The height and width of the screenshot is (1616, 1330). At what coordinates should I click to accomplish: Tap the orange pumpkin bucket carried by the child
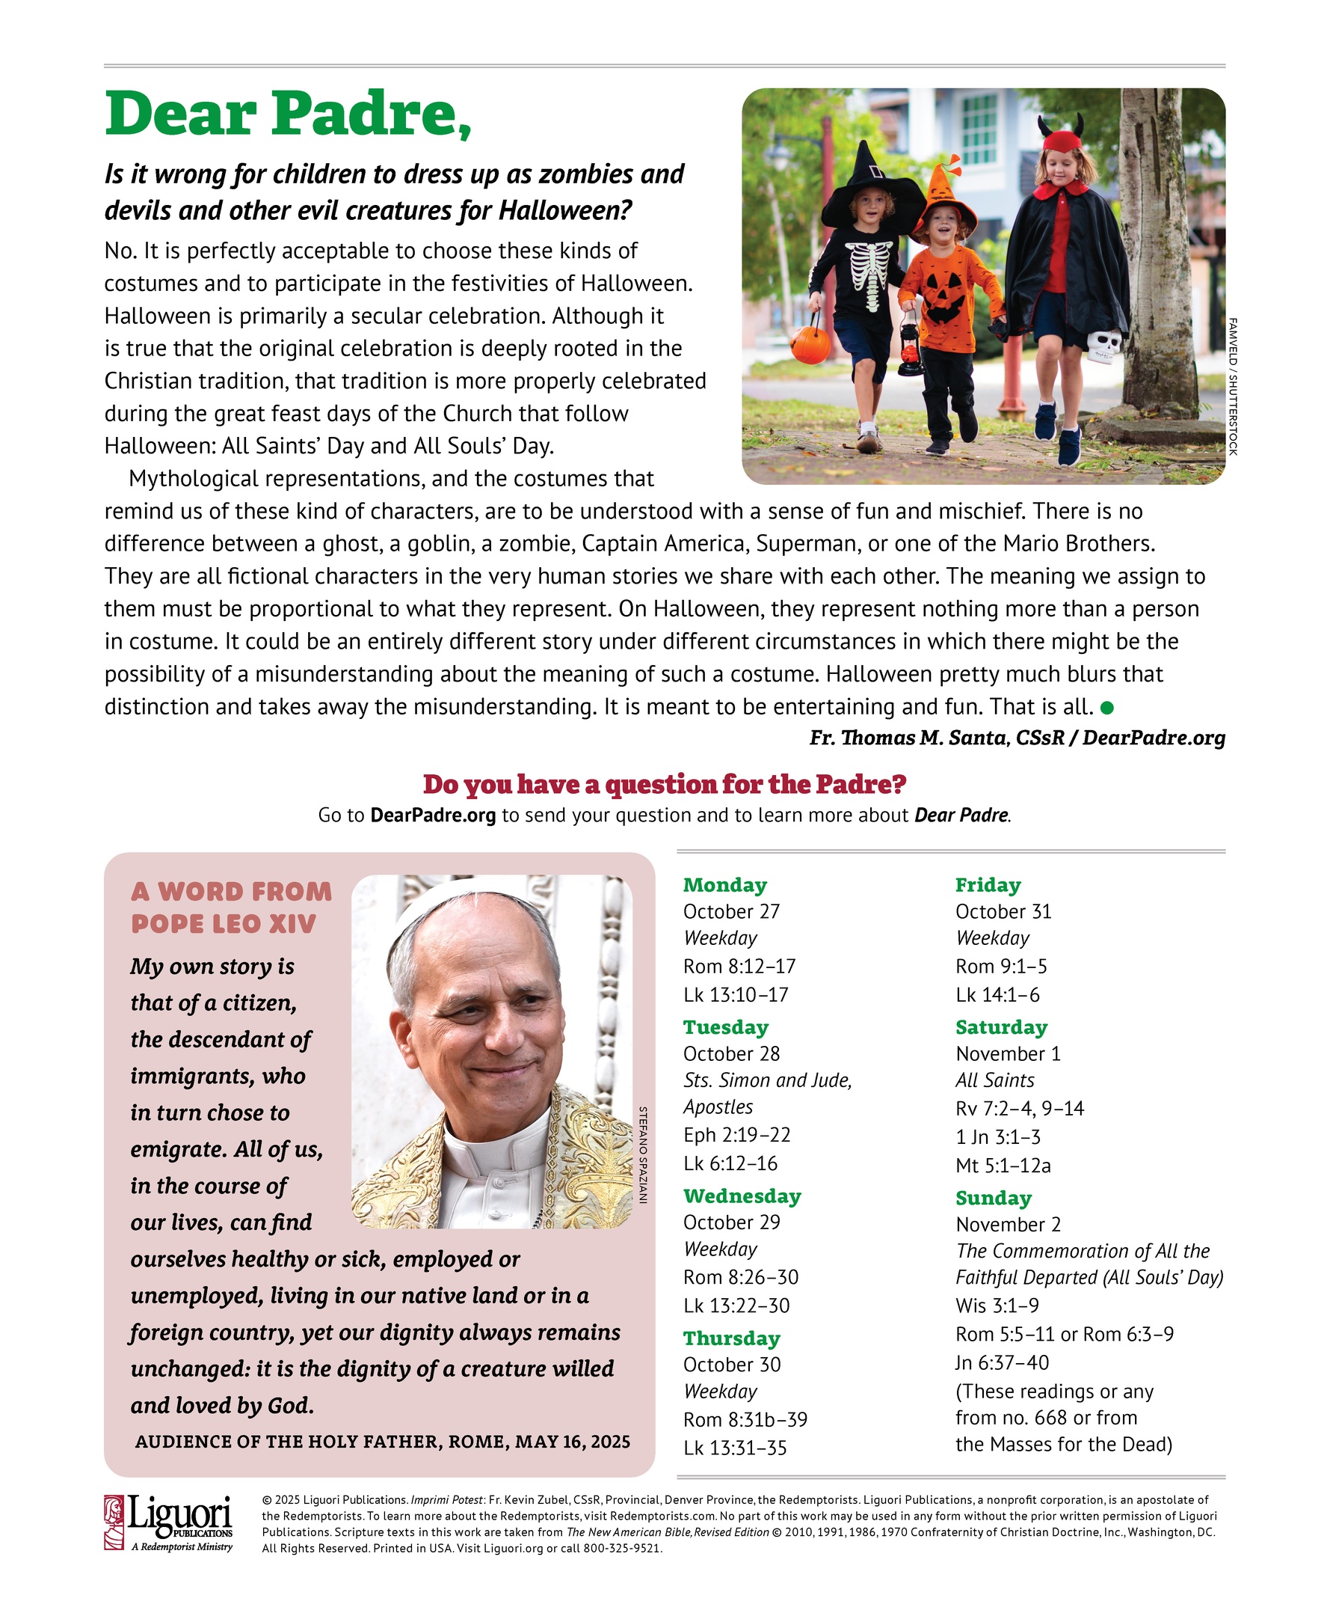coord(810,344)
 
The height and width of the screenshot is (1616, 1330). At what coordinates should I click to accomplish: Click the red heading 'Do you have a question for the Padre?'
coord(664,784)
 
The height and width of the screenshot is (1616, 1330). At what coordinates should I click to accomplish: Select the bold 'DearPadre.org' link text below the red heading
coord(433,815)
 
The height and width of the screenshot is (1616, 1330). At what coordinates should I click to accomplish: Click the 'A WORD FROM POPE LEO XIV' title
coord(231,907)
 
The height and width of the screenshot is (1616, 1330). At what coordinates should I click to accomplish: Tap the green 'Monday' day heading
coord(724,884)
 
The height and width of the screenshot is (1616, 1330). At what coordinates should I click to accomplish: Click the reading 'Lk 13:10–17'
coord(736,994)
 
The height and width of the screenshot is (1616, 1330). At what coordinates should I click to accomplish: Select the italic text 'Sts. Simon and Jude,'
coord(768,1080)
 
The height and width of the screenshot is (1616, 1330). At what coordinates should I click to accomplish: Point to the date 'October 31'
coord(1003,911)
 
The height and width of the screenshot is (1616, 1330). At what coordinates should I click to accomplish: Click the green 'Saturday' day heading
coord(1000,1027)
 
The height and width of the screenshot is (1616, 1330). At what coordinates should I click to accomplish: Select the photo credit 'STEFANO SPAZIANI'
coord(644,1154)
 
